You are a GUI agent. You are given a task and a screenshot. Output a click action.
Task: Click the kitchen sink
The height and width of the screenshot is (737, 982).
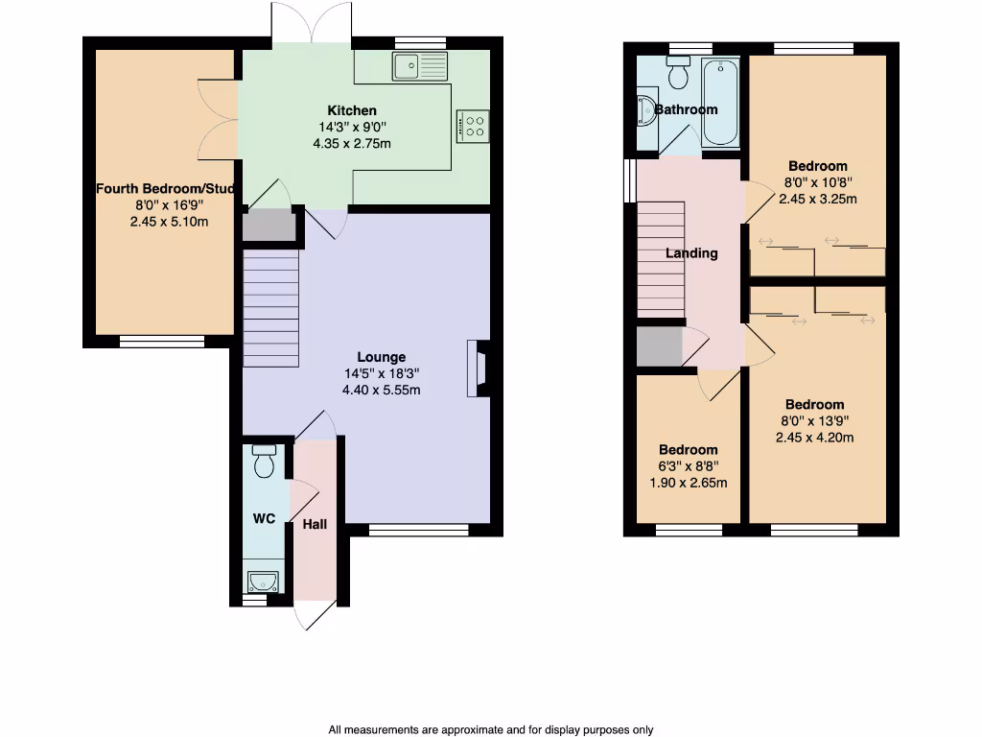point(419,66)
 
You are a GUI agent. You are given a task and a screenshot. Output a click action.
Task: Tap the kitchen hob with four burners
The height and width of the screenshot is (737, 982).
point(474,126)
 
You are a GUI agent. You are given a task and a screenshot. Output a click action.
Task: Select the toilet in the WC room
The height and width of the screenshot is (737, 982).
point(264,463)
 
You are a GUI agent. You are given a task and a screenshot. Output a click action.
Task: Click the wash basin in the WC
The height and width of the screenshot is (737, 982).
point(262,581)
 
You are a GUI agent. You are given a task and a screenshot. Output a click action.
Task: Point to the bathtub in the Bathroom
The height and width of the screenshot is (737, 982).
point(720,103)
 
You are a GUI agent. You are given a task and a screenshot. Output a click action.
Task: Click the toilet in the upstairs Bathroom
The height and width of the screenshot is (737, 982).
point(680,74)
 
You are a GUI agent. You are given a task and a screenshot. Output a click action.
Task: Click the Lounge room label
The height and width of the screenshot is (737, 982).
point(382,357)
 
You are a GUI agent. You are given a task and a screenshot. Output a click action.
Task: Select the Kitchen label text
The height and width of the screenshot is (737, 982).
point(352,110)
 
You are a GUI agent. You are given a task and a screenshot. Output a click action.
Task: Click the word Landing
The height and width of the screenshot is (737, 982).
point(691,253)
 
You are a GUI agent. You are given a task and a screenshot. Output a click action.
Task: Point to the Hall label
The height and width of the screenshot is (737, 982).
point(315,524)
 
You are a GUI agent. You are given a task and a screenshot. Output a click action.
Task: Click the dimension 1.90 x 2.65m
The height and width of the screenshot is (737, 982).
point(688,483)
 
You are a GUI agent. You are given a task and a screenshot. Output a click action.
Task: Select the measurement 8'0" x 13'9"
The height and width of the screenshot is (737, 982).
point(814,420)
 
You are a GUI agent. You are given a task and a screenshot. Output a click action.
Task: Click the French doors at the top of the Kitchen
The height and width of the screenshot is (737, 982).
point(312,24)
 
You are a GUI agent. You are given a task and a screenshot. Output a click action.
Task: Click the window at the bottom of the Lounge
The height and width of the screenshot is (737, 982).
point(418,530)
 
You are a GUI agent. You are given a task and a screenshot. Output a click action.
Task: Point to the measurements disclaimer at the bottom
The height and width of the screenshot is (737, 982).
point(490,729)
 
